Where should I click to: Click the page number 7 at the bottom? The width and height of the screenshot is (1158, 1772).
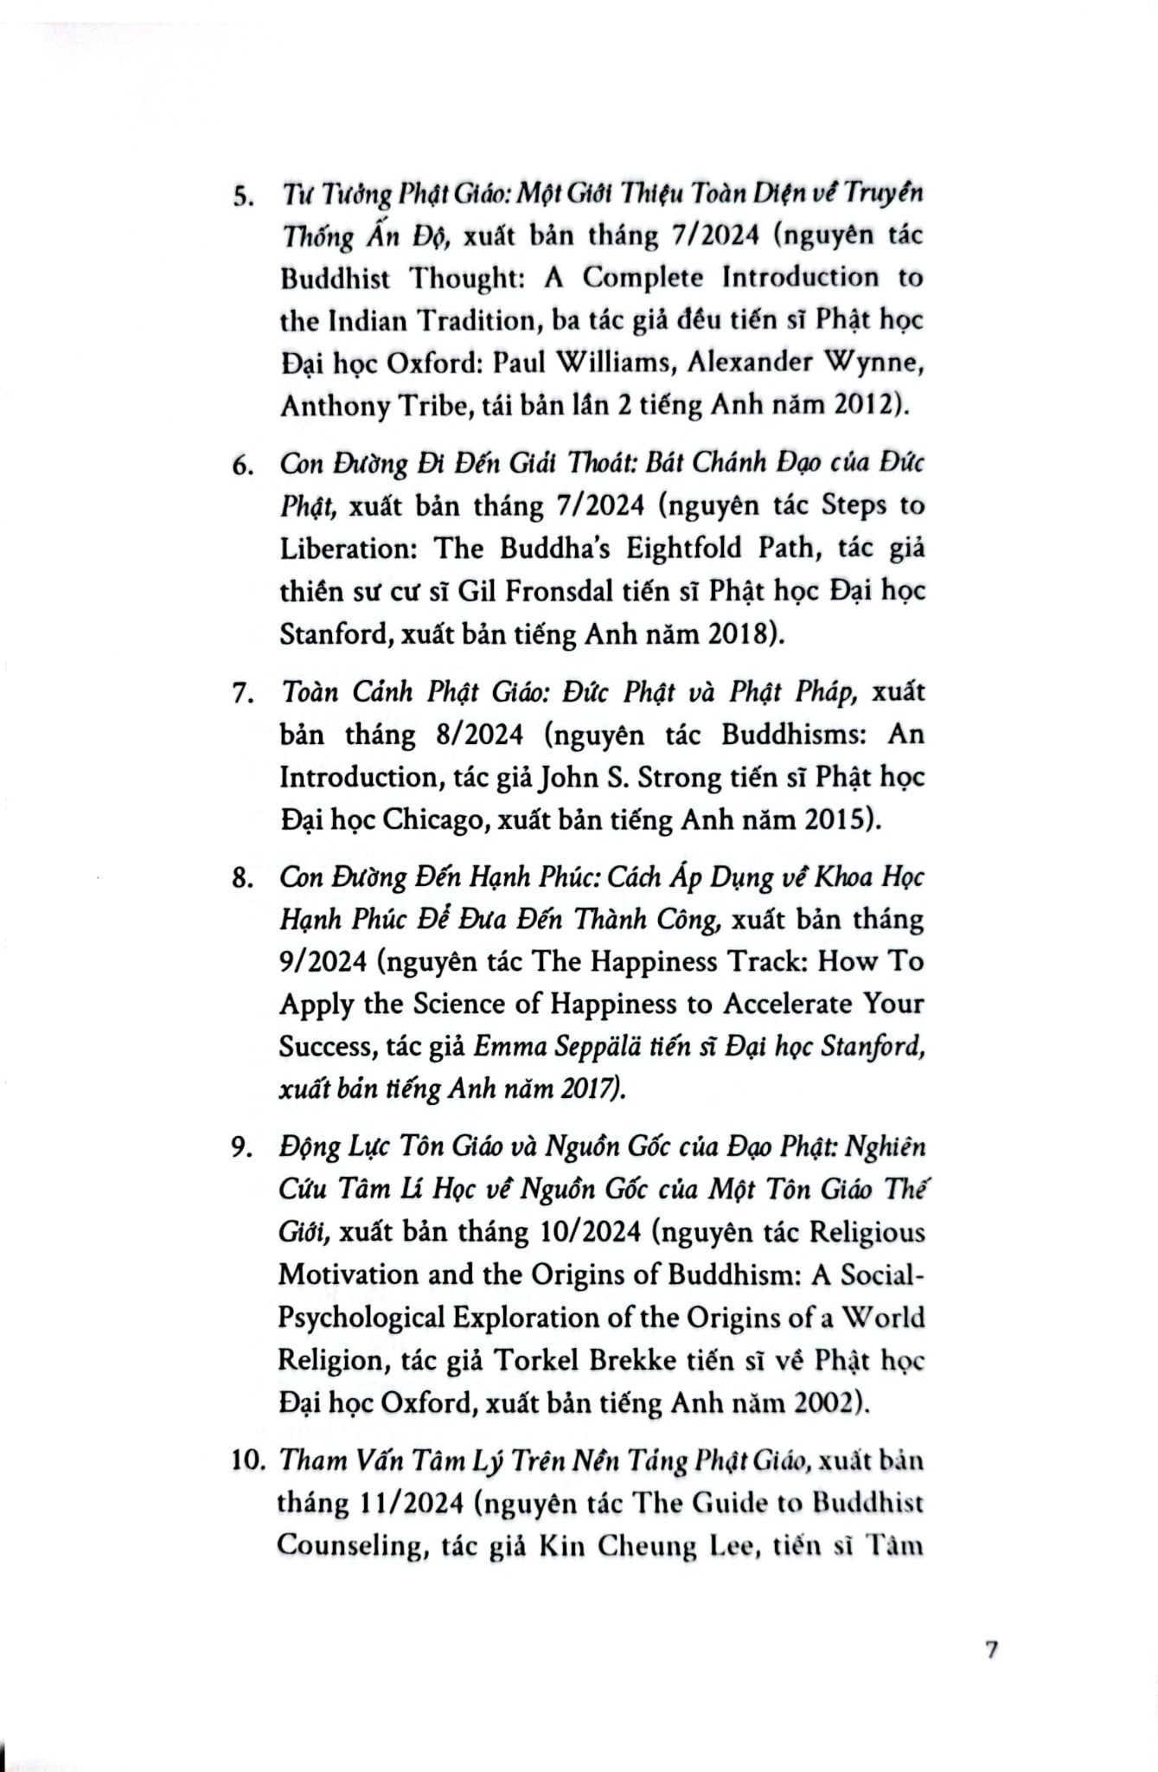point(991,1649)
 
